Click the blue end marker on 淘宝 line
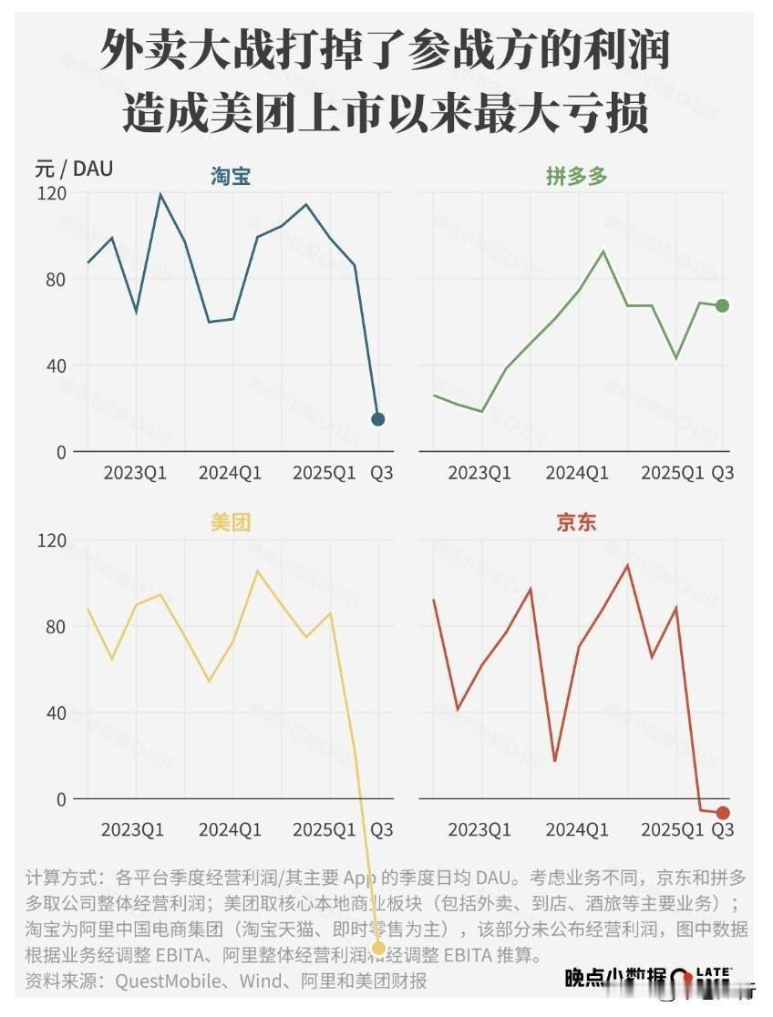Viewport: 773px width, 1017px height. (378, 419)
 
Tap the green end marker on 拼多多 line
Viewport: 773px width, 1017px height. (722, 306)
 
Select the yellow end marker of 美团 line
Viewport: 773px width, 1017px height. (378, 949)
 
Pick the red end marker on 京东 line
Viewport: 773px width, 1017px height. (723, 813)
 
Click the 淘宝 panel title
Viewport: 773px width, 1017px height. (231, 176)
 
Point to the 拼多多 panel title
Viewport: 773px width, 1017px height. (576, 176)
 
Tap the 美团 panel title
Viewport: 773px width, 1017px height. (230, 523)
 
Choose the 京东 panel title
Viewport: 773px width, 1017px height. (576, 523)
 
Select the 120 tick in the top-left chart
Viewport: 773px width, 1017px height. (52, 193)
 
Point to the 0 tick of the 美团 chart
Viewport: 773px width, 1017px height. (61, 799)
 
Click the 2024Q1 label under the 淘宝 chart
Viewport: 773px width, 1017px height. (231, 473)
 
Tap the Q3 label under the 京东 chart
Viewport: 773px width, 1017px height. (722, 830)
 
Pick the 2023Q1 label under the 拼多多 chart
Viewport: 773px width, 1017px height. (479, 473)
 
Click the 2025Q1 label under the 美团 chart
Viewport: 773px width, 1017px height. (325, 830)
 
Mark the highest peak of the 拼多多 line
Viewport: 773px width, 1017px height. (603, 252)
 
